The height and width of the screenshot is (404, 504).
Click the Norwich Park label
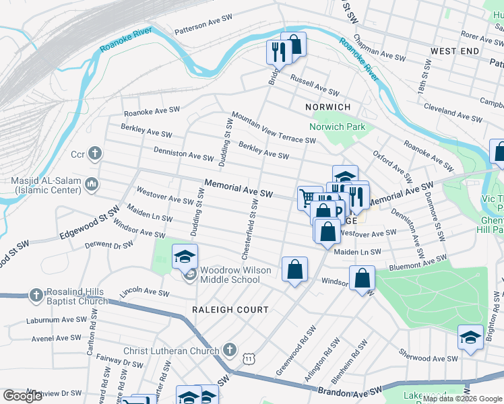pos(337,127)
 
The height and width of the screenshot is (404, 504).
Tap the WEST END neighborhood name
pos(455,51)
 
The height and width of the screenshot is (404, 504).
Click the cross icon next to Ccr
pos(95,154)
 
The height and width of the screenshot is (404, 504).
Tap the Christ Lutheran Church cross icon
pos(230,350)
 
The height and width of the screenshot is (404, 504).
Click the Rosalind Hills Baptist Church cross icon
pos(36,295)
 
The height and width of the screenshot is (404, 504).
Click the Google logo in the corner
pos(22,396)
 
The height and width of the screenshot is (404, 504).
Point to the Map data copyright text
pos(463,399)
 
